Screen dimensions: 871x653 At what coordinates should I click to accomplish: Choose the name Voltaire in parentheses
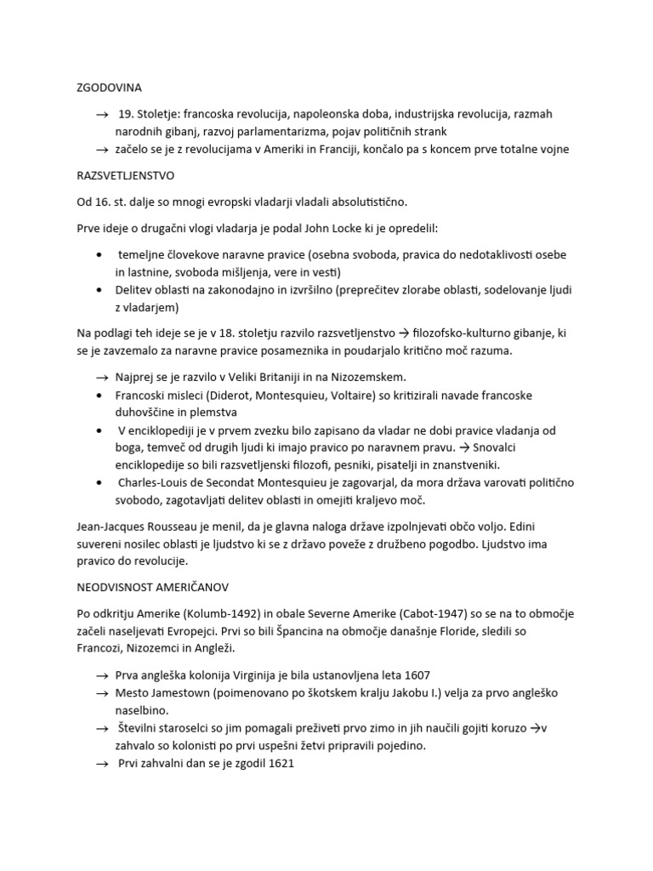346,395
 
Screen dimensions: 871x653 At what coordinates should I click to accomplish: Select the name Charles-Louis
154,482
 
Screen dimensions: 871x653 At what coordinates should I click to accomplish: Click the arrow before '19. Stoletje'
103,114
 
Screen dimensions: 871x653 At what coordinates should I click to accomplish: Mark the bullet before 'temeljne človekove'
102,254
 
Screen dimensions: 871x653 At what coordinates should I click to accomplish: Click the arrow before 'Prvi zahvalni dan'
103,764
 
